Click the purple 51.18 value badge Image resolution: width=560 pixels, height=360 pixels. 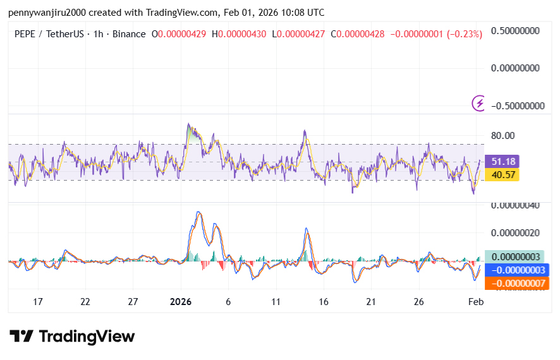(502, 161)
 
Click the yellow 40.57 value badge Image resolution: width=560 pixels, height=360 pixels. (502, 174)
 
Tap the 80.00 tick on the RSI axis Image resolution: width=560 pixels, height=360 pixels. (503, 135)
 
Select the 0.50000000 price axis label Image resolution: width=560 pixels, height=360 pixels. (518, 31)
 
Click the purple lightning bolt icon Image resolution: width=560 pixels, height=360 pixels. (480, 102)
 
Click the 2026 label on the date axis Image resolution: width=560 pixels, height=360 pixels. (182, 302)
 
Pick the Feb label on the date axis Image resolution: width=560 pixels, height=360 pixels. (475, 302)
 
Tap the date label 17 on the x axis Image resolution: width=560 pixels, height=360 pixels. (38, 302)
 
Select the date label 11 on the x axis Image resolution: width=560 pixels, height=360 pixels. (276, 302)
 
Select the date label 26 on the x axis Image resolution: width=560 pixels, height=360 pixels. (418, 302)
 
